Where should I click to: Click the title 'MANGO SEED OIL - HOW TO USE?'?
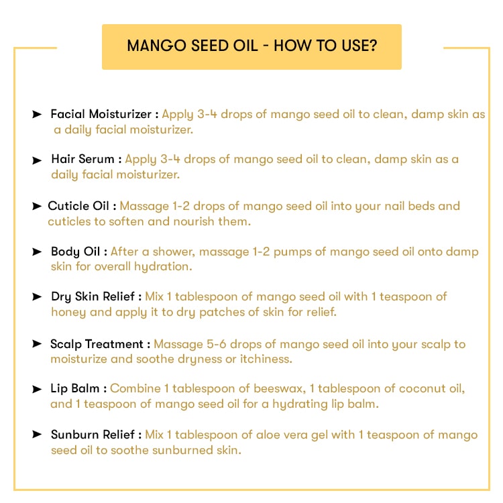tap(251, 46)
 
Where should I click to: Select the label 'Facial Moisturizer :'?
tap(105, 114)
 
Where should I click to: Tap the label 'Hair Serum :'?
tap(87, 160)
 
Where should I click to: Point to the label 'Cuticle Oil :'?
tap(82, 206)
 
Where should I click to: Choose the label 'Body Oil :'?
tap(78, 251)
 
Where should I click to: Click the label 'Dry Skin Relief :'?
tap(96, 296)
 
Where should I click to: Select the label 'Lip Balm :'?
tap(78, 389)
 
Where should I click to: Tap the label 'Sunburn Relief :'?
tap(96, 435)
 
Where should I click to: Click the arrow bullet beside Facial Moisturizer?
tap(37, 115)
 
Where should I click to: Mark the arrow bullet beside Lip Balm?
tap(37, 389)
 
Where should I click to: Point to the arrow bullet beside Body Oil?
tap(37, 251)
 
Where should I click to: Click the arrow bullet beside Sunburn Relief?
tap(37, 435)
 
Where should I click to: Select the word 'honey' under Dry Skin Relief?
tap(68, 312)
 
